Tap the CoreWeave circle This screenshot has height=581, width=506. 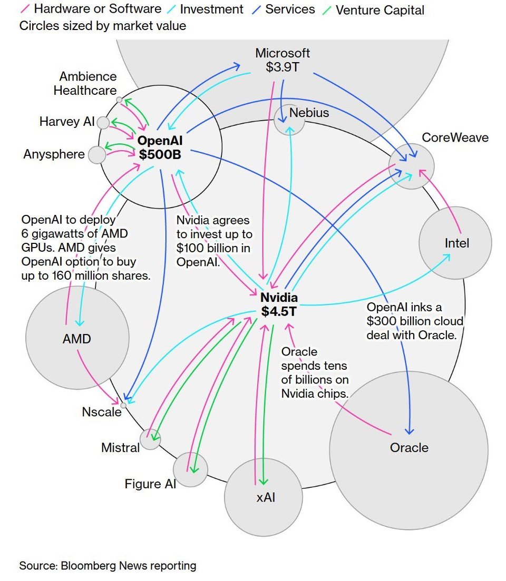pyautogui.click(x=412, y=166)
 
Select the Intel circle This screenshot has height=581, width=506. pyautogui.click(x=455, y=243)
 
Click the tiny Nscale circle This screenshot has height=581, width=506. pyautogui.click(x=123, y=405)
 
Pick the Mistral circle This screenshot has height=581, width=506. pyautogui.click(x=150, y=439)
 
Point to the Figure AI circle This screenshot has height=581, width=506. pyautogui.click(x=190, y=469)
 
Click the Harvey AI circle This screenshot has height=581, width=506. pyautogui.click(x=103, y=123)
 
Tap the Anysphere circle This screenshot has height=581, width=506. pyautogui.click(x=97, y=155)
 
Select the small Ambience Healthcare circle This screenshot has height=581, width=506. pyautogui.click(x=120, y=100)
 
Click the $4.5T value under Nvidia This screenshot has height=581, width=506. pyautogui.click(x=279, y=312)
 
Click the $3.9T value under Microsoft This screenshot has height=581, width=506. pyautogui.click(x=283, y=67)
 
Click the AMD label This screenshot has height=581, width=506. pyautogui.click(x=76, y=339)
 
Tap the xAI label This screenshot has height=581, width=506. pyautogui.click(x=266, y=497)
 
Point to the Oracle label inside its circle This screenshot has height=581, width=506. pyautogui.click(x=409, y=448)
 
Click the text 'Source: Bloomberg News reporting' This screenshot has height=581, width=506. pyautogui.click(x=108, y=566)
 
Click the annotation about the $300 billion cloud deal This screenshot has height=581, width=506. pyautogui.click(x=415, y=321)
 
